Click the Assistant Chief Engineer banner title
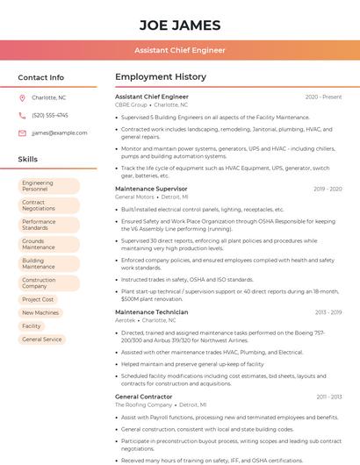[x=179, y=51]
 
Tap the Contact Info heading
[x=40, y=77]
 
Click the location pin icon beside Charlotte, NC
[x=22, y=98]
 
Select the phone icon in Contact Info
[x=22, y=116]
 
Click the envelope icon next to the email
[x=22, y=133]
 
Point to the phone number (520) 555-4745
[x=49, y=116]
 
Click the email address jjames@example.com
[x=59, y=133]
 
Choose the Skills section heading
[x=27, y=160]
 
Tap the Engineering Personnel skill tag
[x=48, y=186]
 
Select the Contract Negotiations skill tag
[x=48, y=205]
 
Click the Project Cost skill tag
[x=38, y=299]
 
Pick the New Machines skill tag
[x=40, y=312]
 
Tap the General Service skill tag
[x=41, y=339]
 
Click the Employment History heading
[x=160, y=77]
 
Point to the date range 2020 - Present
[x=323, y=97]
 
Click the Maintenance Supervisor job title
[x=151, y=189]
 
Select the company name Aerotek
[x=126, y=320]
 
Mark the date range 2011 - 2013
[x=328, y=397]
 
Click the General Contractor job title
[x=144, y=397]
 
